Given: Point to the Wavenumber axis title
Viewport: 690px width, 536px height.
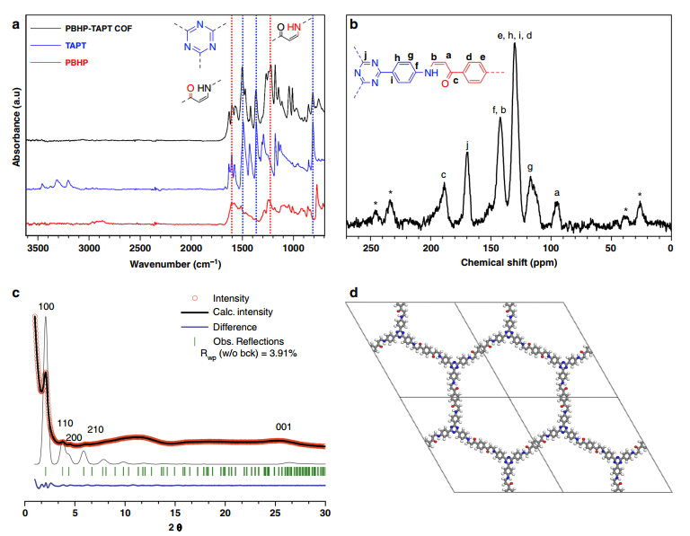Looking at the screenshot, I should pyautogui.click(x=175, y=263).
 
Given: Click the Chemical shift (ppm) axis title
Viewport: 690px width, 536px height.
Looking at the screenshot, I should pyautogui.click(x=509, y=263).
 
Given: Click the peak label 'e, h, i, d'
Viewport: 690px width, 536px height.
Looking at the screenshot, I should pyautogui.click(x=514, y=35).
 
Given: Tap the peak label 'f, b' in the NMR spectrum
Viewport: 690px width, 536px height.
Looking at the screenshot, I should pyautogui.click(x=500, y=110).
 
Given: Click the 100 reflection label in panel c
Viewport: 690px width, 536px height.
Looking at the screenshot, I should pyautogui.click(x=47, y=307).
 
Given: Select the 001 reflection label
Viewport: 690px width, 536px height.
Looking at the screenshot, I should pyautogui.click(x=284, y=427).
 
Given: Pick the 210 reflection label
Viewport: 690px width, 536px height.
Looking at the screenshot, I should pyautogui.click(x=96, y=429).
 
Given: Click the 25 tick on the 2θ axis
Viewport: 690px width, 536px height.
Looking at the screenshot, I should pyautogui.click(x=275, y=513).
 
